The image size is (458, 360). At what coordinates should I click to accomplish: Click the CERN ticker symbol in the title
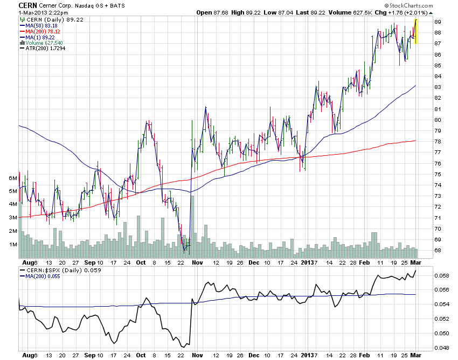27,5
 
